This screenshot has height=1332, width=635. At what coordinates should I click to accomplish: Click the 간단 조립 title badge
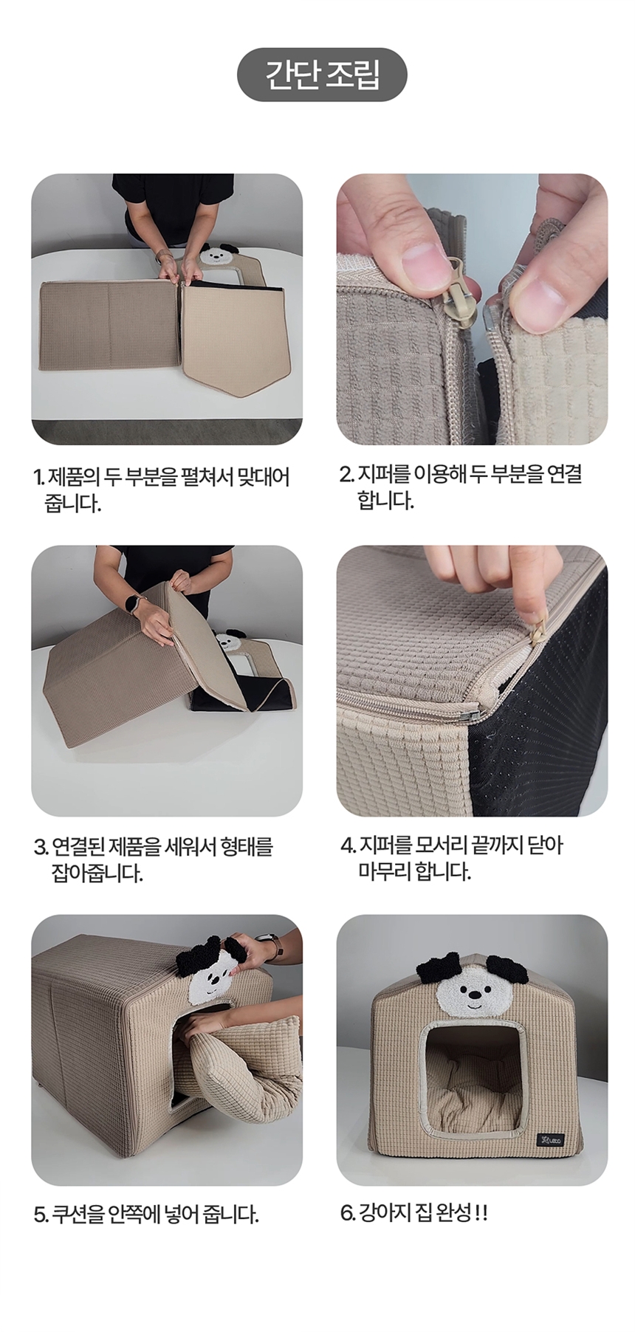point(322,75)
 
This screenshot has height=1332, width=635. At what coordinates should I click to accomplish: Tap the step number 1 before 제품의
point(38,477)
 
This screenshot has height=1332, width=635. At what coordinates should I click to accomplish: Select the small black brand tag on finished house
point(550,1139)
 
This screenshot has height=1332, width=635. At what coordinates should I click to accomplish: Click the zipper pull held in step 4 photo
point(538,631)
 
